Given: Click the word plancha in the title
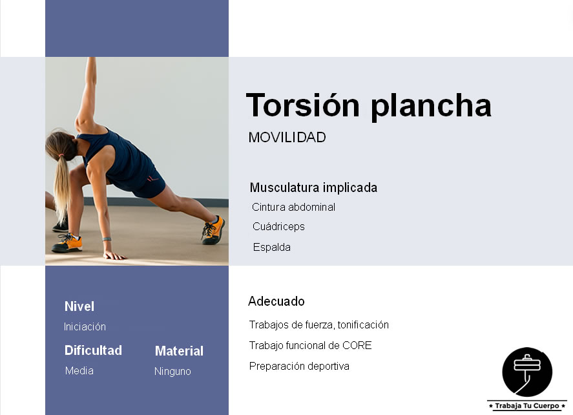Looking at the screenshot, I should (x=431, y=106).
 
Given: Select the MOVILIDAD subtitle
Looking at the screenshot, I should (x=287, y=138).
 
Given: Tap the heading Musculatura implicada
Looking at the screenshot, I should (x=313, y=188).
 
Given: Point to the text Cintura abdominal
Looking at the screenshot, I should (x=293, y=207).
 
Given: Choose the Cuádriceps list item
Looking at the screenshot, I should (x=278, y=227).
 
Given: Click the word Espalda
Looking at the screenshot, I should (x=272, y=248).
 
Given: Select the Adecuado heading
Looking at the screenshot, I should (x=276, y=301).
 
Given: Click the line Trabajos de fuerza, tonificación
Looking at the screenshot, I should (x=318, y=325).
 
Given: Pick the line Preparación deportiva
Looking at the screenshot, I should (x=299, y=367).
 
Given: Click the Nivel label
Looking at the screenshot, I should (x=79, y=306).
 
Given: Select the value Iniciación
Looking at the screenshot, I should (x=85, y=327).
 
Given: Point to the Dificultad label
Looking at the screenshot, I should (x=93, y=350).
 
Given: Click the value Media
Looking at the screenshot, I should (x=79, y=371).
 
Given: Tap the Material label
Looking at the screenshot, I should (x=179, y=351).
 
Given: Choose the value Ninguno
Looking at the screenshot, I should (x=172, y=372).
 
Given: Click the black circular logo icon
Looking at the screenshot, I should (x=527, y=372).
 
